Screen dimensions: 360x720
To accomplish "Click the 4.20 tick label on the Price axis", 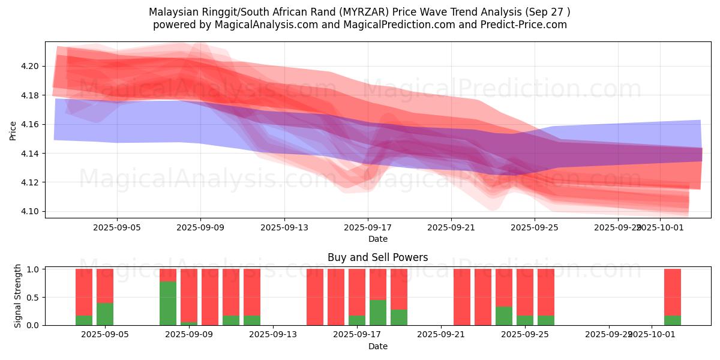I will tap(31, 66).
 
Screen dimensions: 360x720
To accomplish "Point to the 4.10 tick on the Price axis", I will tap(31, 211).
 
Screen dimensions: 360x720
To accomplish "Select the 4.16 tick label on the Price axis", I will tap(31, 124).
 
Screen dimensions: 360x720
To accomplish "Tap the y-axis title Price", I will tap(13, 130).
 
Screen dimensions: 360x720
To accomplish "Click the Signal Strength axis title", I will tap(18, 296).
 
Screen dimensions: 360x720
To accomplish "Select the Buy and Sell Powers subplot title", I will tap(377, 257).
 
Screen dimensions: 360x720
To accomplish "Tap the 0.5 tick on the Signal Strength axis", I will tap(34, 297).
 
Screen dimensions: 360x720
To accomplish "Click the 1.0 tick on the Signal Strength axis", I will tap(34, 269).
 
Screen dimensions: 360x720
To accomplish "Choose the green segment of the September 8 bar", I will tap(168, 303).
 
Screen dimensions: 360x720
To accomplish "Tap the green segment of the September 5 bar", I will tap(105, 314).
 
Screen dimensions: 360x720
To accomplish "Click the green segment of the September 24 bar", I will tap(504, 316).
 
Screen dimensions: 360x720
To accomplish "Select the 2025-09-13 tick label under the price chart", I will tap(284, 227).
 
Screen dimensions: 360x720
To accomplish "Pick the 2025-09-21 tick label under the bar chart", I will tap(441, 334).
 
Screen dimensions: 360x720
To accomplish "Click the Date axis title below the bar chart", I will tap(377, 346).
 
